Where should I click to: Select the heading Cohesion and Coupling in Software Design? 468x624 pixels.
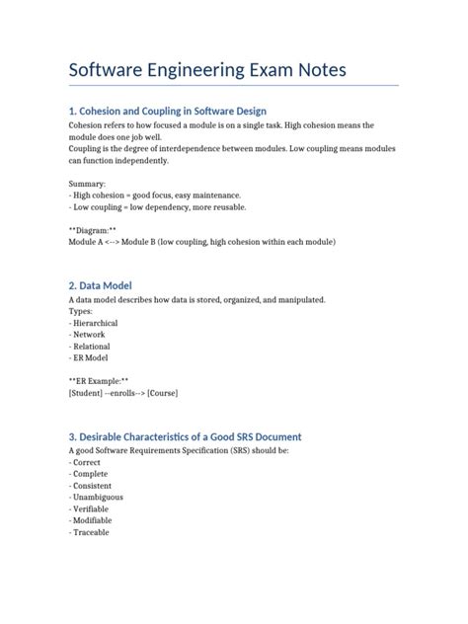click(167, 111)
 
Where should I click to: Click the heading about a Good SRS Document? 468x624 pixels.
click(185, 436)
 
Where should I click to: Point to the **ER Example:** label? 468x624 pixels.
click(99, 380)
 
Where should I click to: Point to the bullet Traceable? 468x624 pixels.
click(90, 532)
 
